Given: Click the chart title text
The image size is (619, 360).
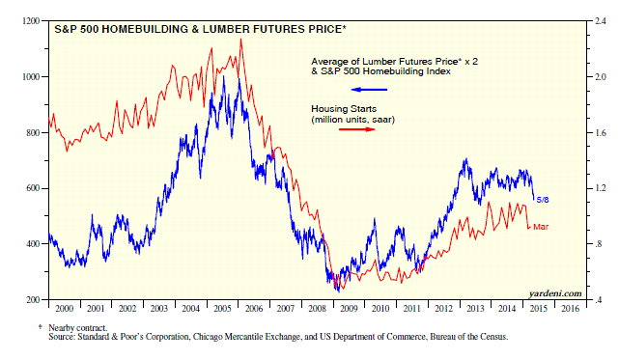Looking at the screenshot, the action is [x=200, y=29].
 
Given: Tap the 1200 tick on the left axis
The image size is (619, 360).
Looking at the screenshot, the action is [x=31, y=21].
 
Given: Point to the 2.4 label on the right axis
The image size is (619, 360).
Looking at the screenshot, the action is [x=600, y=21].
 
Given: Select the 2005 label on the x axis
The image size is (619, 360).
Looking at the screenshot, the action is [x=222, y=308].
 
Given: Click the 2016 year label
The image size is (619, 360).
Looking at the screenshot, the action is [x=571, y=308].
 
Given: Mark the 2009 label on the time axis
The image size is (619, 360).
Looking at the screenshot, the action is [x=349, y=308].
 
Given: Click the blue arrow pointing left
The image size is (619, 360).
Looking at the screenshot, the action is [x=369, y=90].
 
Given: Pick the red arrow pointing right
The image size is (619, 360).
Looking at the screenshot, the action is [x=357, y=129].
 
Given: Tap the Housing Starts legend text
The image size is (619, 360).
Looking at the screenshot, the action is [x=344, y=109].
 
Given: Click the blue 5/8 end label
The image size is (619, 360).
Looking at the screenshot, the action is [x=543, y=200].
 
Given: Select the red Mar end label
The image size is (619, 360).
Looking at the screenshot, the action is [x=541, y=227].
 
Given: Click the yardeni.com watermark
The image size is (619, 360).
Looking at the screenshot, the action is [x=555, y=293].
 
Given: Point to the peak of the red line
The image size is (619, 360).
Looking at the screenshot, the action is [x=240, y=39].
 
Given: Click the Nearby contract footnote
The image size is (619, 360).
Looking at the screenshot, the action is [x=78, y=327].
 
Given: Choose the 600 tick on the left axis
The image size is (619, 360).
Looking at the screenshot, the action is [x=33, y=188].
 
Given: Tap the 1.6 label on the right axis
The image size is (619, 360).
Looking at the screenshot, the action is [x=600, y=132].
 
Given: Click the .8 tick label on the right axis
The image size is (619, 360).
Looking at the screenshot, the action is [x=599, y=244].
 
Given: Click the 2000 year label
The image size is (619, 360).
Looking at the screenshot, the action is [x=65, y=308].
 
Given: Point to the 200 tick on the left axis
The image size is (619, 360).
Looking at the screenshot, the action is [x=33, y=300].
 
